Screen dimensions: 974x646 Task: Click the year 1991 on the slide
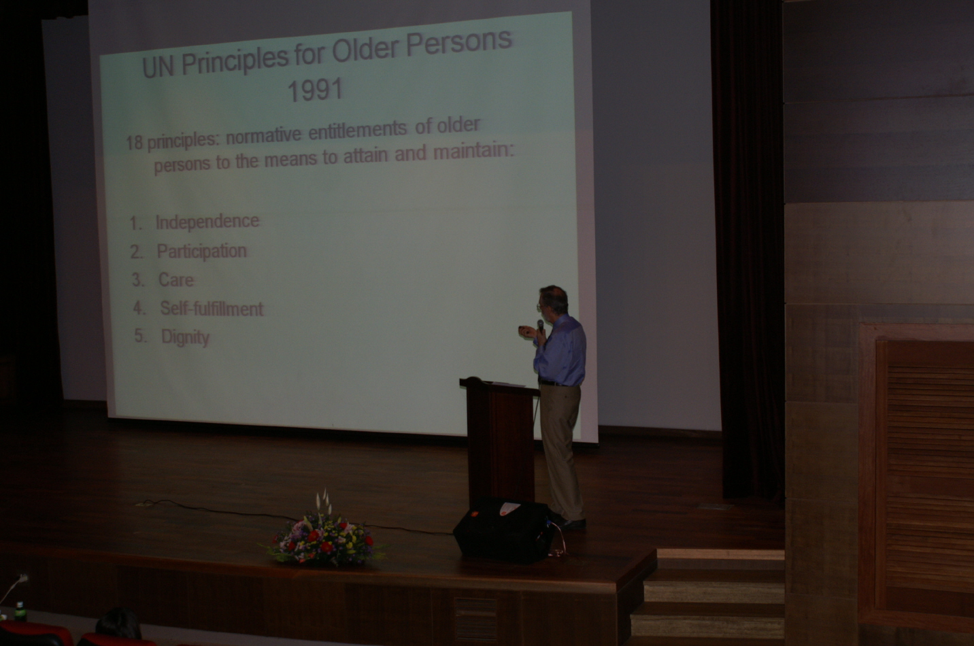coord(315,90)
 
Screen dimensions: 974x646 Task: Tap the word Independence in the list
coord(208,222)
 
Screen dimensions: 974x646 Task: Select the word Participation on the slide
coord(202,252)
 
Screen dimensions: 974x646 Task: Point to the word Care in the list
coord(176,280)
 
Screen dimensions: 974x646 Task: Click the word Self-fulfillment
coord(212,309)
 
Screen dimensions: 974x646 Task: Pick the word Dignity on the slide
coord(185,337)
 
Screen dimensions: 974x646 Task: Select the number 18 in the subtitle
coord(135,143)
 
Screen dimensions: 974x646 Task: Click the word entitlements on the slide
coord(357,131)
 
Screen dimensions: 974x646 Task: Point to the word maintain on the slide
coord(474,151)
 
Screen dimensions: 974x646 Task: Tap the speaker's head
coord(553,300)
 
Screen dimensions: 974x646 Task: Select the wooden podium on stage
coord(500,440)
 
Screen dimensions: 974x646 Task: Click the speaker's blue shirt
coord(561,352)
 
